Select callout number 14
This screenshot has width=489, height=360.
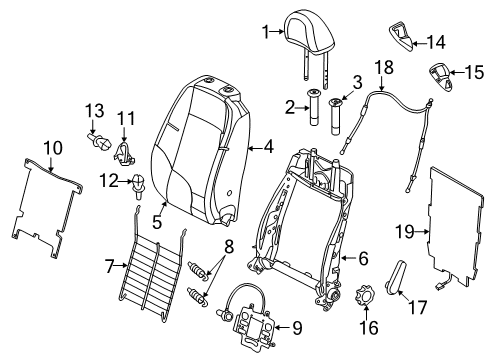(x=436, y=42)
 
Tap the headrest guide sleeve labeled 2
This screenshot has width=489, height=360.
(x=314, y=107)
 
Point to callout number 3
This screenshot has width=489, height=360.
(x=357, y=82)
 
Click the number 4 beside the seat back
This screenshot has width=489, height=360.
(x=269, y=147)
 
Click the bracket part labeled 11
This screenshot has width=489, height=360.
(x=124, y=153)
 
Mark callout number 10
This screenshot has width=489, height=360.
(x=53, y=148)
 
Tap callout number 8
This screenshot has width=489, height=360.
(x=229, y=247)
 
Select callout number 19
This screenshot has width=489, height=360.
(x=405, y=232)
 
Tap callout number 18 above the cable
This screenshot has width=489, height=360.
(x=384, y=67)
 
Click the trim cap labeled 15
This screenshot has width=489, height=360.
(x=440, y=76)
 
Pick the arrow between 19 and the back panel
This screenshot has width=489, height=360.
(x=422, y=232)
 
